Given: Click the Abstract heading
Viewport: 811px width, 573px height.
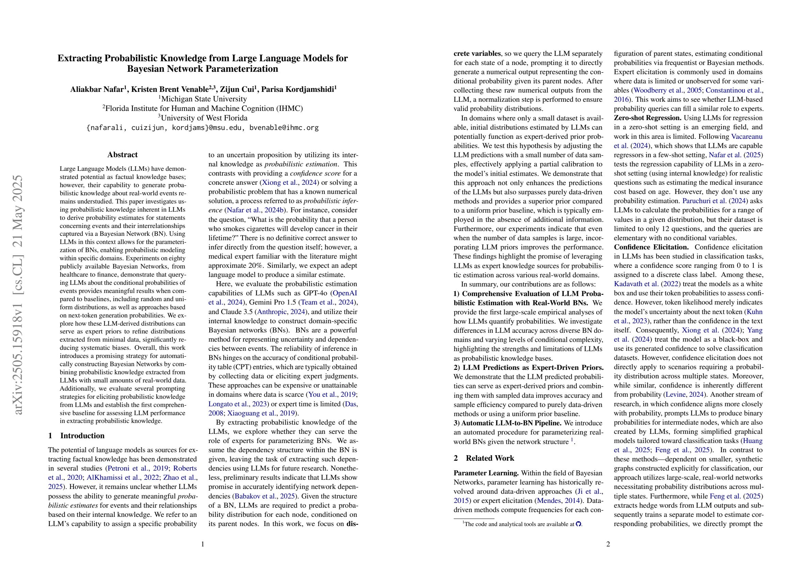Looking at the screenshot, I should tap(122, 154).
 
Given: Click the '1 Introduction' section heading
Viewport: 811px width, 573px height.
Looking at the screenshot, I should tap(76, 436).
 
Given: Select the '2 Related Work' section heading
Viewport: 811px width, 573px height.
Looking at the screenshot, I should tap(484, 458).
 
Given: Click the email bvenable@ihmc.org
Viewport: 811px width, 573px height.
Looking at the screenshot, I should tap(284, 128).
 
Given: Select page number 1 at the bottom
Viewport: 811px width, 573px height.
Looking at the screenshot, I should tap(203, 544).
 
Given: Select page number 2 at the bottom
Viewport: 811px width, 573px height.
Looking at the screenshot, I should tap(608, 544).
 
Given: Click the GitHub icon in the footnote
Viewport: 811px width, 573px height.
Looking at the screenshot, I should tap(578, 524).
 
